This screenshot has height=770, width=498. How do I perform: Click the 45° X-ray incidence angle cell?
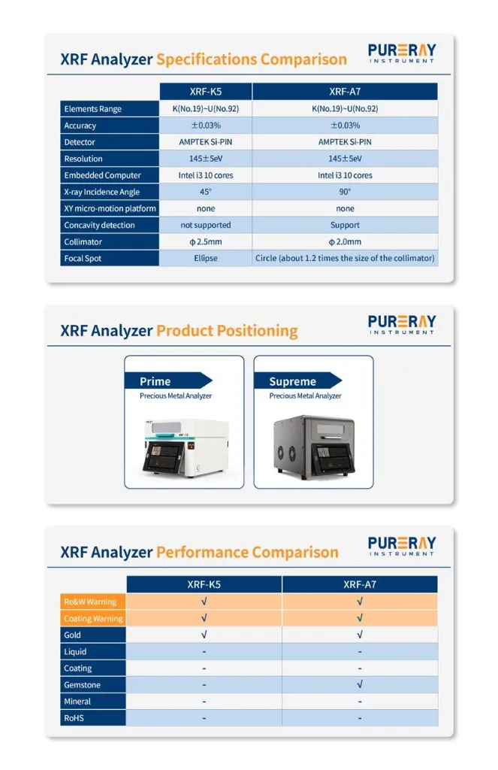206,192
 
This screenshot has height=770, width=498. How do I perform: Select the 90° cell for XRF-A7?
345,192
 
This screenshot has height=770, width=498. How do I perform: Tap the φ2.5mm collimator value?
206,241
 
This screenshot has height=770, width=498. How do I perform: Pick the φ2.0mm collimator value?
345,241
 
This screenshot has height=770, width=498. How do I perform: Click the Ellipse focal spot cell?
206,259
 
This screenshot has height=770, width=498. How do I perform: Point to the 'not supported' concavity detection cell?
206,225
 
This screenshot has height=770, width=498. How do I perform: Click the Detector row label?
80,142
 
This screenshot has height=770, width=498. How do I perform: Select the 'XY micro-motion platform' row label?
110,208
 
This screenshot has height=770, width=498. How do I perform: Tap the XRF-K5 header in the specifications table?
206,91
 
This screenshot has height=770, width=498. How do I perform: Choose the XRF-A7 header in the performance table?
360,584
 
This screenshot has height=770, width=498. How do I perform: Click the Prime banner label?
155,381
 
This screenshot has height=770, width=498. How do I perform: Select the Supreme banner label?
292,381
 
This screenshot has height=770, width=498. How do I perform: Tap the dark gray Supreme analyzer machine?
314,447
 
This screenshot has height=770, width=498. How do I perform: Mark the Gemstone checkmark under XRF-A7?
360,684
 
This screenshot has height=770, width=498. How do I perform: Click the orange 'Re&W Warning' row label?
90,602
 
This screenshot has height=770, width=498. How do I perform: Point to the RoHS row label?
74,718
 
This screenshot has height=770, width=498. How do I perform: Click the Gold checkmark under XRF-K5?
204,635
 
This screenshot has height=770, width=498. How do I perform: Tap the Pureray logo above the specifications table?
402,53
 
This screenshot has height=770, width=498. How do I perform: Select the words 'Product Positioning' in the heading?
227,331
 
